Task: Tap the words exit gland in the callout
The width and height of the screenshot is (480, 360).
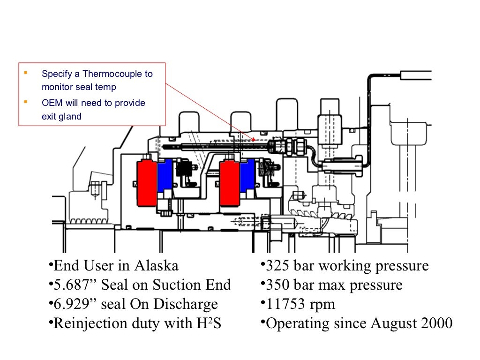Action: coord(61,117)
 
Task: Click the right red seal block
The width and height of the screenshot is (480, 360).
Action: coord(230,182)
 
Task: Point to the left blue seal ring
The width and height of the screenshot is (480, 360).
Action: coord(164,176)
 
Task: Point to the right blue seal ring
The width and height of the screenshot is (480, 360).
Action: coord(247,176)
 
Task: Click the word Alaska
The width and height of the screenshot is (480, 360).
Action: coord(156,266)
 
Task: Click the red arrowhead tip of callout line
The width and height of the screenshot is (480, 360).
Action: coord(254,139)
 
